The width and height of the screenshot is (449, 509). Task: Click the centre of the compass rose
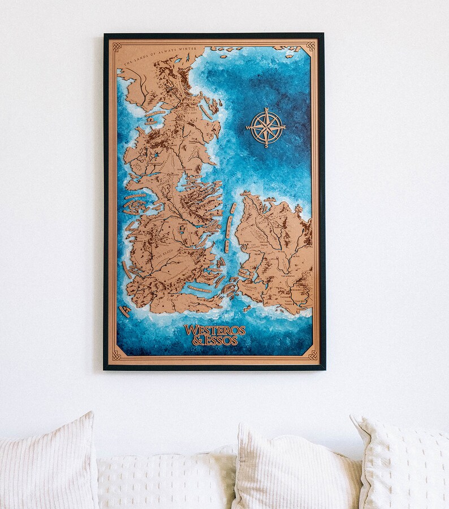(x=266, y=127)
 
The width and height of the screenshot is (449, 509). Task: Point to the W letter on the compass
(x=248, y=127)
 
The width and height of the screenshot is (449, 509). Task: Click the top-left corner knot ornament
(x=116, y=47)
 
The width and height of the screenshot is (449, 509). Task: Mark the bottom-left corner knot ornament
(x=116, y=355)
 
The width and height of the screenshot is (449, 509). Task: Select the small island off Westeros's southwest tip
(x=124, y=310)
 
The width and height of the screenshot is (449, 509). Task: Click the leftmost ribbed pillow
(x=48, y=461)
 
